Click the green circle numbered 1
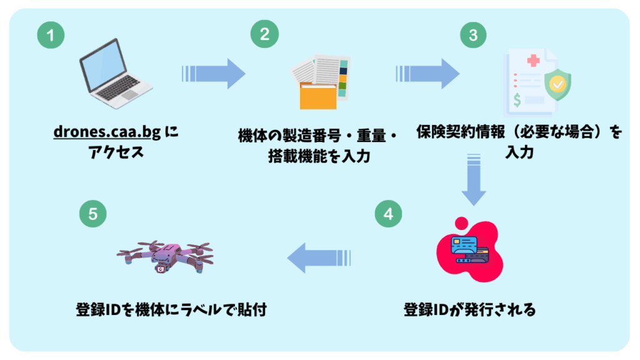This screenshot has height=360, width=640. pos(51,35)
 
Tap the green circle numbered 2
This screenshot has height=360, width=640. pos(264,35)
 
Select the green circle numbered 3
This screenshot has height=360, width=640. pos(473,35)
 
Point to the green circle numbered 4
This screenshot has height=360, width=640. pos(388,214)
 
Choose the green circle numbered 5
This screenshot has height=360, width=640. pos(93,214)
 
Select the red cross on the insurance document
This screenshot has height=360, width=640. pos(533,61)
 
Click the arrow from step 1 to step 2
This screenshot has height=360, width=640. pos(213,74)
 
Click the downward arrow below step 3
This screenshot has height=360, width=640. pos(473,182)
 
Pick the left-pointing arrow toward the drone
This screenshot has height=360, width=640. pos(319,258)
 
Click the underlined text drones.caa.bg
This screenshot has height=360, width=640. pos(106,132)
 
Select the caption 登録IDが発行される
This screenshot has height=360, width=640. pos(469,309)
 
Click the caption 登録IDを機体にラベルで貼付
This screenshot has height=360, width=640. pos(171,309)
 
